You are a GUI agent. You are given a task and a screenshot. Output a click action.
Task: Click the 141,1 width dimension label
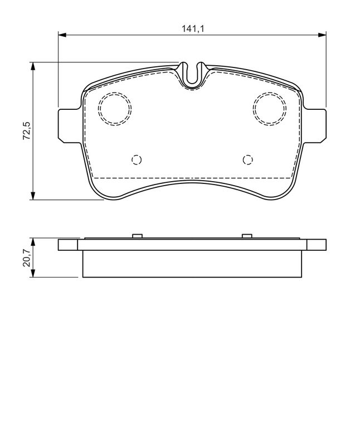pyautogui.click(x=193, y=28)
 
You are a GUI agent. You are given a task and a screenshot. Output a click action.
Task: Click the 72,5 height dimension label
pyautogui.click(x=27, y=130)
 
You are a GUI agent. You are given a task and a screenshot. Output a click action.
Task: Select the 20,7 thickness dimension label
pyautogui.click(x=27, y=258)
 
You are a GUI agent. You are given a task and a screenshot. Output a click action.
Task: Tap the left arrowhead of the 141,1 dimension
pyautogui.click(x=62, y=35)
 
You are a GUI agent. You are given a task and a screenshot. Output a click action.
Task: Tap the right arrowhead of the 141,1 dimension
pyautogui.click(x=322, y=35)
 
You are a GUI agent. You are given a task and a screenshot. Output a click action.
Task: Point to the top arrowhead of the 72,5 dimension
pyautogui.click(x=33, y=66)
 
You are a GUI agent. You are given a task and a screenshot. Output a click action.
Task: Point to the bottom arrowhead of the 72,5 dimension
pyautogui.click(x=33, y=196)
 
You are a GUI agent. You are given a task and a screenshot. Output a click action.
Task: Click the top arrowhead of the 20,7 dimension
pyautogui.click(x=33, y=243)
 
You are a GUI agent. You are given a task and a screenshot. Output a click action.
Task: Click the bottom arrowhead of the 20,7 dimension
pyautogui.click(x=33, y=273)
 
